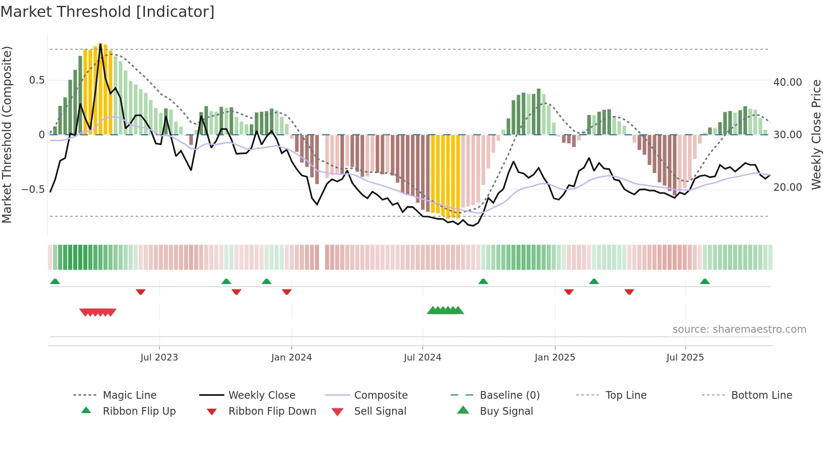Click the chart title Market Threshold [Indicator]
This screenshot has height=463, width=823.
tap(107, 12)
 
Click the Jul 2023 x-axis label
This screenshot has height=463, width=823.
tap(159, 358)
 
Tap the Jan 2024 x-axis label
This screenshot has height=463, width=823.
tap(291, 358)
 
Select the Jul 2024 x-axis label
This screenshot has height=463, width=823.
tap(422, 358)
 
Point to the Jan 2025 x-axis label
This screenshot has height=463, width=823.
tap(555, 358)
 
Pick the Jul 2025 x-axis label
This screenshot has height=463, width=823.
tap(685, 358)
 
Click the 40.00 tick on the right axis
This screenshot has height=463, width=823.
tap(787, 82)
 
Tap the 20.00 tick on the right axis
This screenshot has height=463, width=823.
tap(787, 187)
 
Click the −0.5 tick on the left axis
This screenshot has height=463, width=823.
tap(33, 189)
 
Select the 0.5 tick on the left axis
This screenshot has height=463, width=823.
tap(37, 80)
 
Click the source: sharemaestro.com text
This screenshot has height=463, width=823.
tap(739, 329)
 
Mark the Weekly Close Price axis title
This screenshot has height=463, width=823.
tap(816, 134)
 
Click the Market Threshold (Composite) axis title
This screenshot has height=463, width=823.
tap(7, 134)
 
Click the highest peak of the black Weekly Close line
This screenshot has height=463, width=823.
tap(100, 44)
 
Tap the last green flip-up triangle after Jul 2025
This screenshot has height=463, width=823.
tap(705, 281)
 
